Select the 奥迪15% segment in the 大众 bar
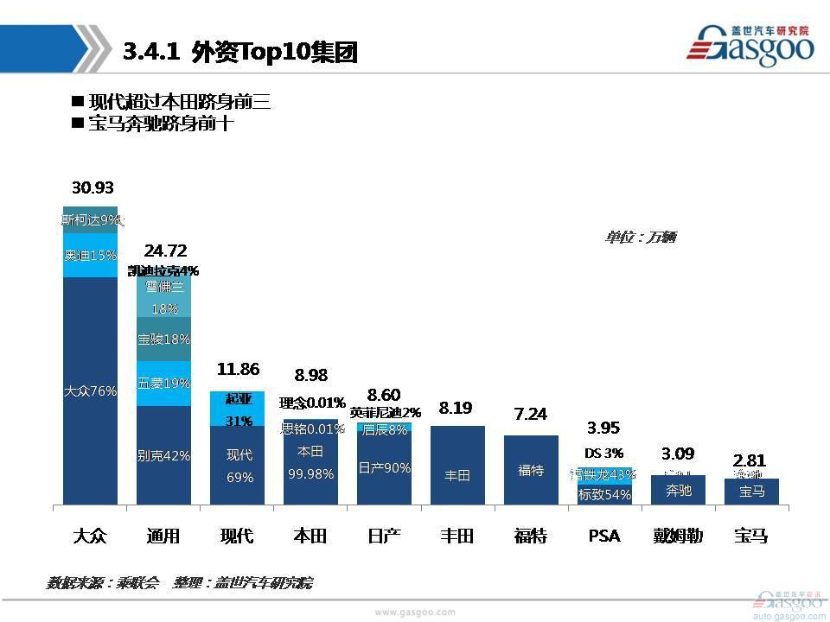click(x=90, y=256)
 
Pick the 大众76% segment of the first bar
click(x=90, y=390)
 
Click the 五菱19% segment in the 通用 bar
click(x=163, y=383)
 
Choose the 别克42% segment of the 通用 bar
click(x=163, y=455)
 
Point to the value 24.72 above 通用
click(x=165, y=251)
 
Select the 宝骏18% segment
click(x=163, y=339)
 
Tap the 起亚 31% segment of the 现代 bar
click(x=238, y=409)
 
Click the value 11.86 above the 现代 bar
click(x=238, y=370)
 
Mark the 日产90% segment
click(x=384, y=467)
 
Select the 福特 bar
click(x=531, y=470)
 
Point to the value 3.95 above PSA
click(x=604, y=428)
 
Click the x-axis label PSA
click(x=604, y=536)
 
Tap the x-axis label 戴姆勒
click(x=678, y=536)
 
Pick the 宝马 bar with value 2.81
click(x=751, y=492)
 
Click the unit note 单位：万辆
click(x=640, y=237)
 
